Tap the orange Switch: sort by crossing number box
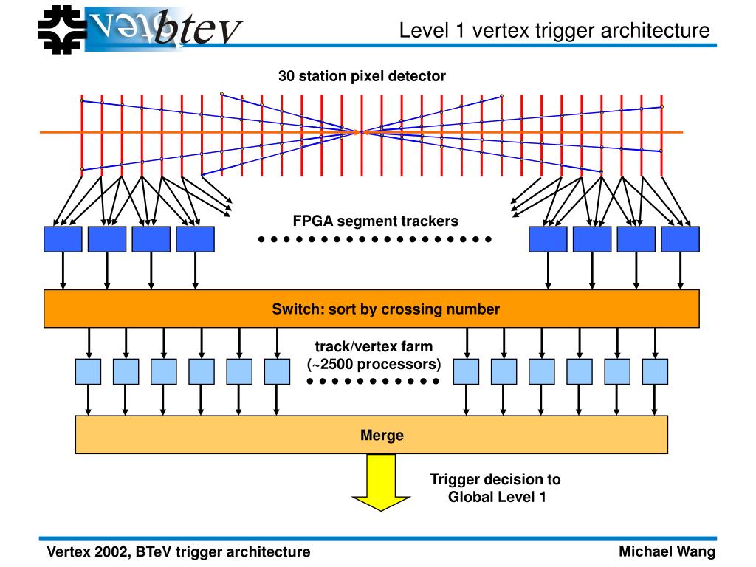click(x=371, y=309)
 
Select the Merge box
click(x=371, y=435)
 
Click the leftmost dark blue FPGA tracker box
click(x=63, y=239)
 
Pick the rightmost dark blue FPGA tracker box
click(x=680, y=239)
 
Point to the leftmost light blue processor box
click(x=88, y=371)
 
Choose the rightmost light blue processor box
click(x=655, y=371)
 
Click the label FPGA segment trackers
click(x=375, y=221)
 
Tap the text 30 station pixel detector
click(x=362, y=76)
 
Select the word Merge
click(x=382, y=435)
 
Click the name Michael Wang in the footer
click(x=667, y=551)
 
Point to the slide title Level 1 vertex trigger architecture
click(x=554, y=31)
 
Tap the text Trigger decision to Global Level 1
click(x=496, y=488)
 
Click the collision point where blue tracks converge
click(x=360, y=132)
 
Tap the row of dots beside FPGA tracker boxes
click(x=375, y=239)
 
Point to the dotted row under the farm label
click(x=373, y=381)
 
